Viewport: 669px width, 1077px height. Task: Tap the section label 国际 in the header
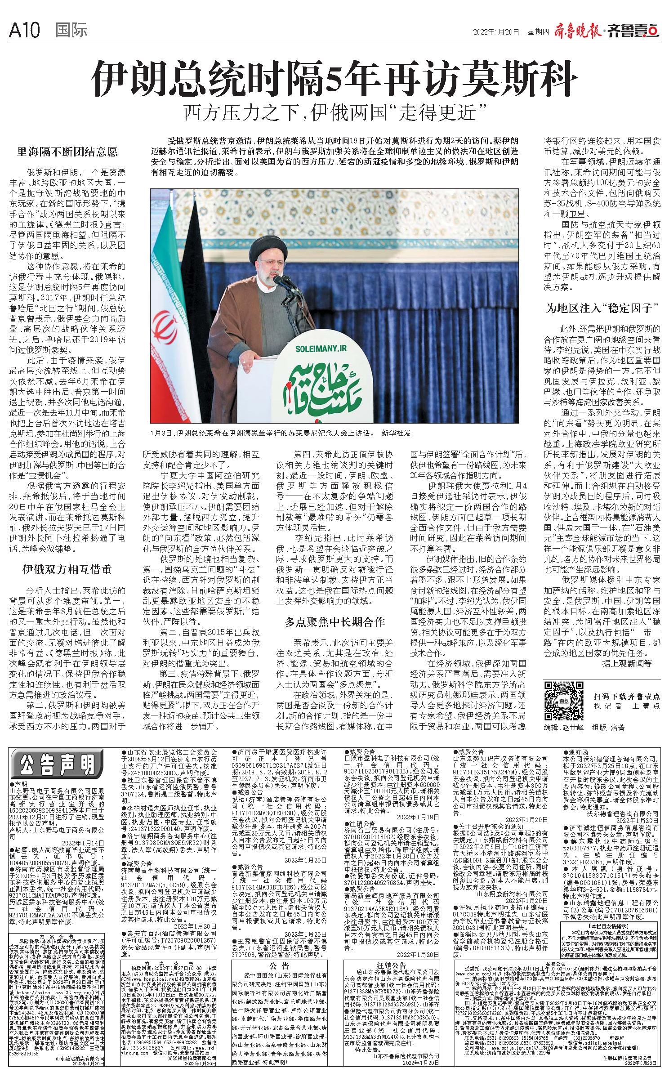click(x=71, y=31)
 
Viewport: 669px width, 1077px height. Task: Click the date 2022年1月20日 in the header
click(x=496, y=32)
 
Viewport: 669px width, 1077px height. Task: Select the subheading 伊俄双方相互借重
click(x=67, y=570)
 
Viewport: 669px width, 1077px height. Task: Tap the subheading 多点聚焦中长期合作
click(x=335, y=622)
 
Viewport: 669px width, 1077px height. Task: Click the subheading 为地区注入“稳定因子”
click(x=602, y=308)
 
